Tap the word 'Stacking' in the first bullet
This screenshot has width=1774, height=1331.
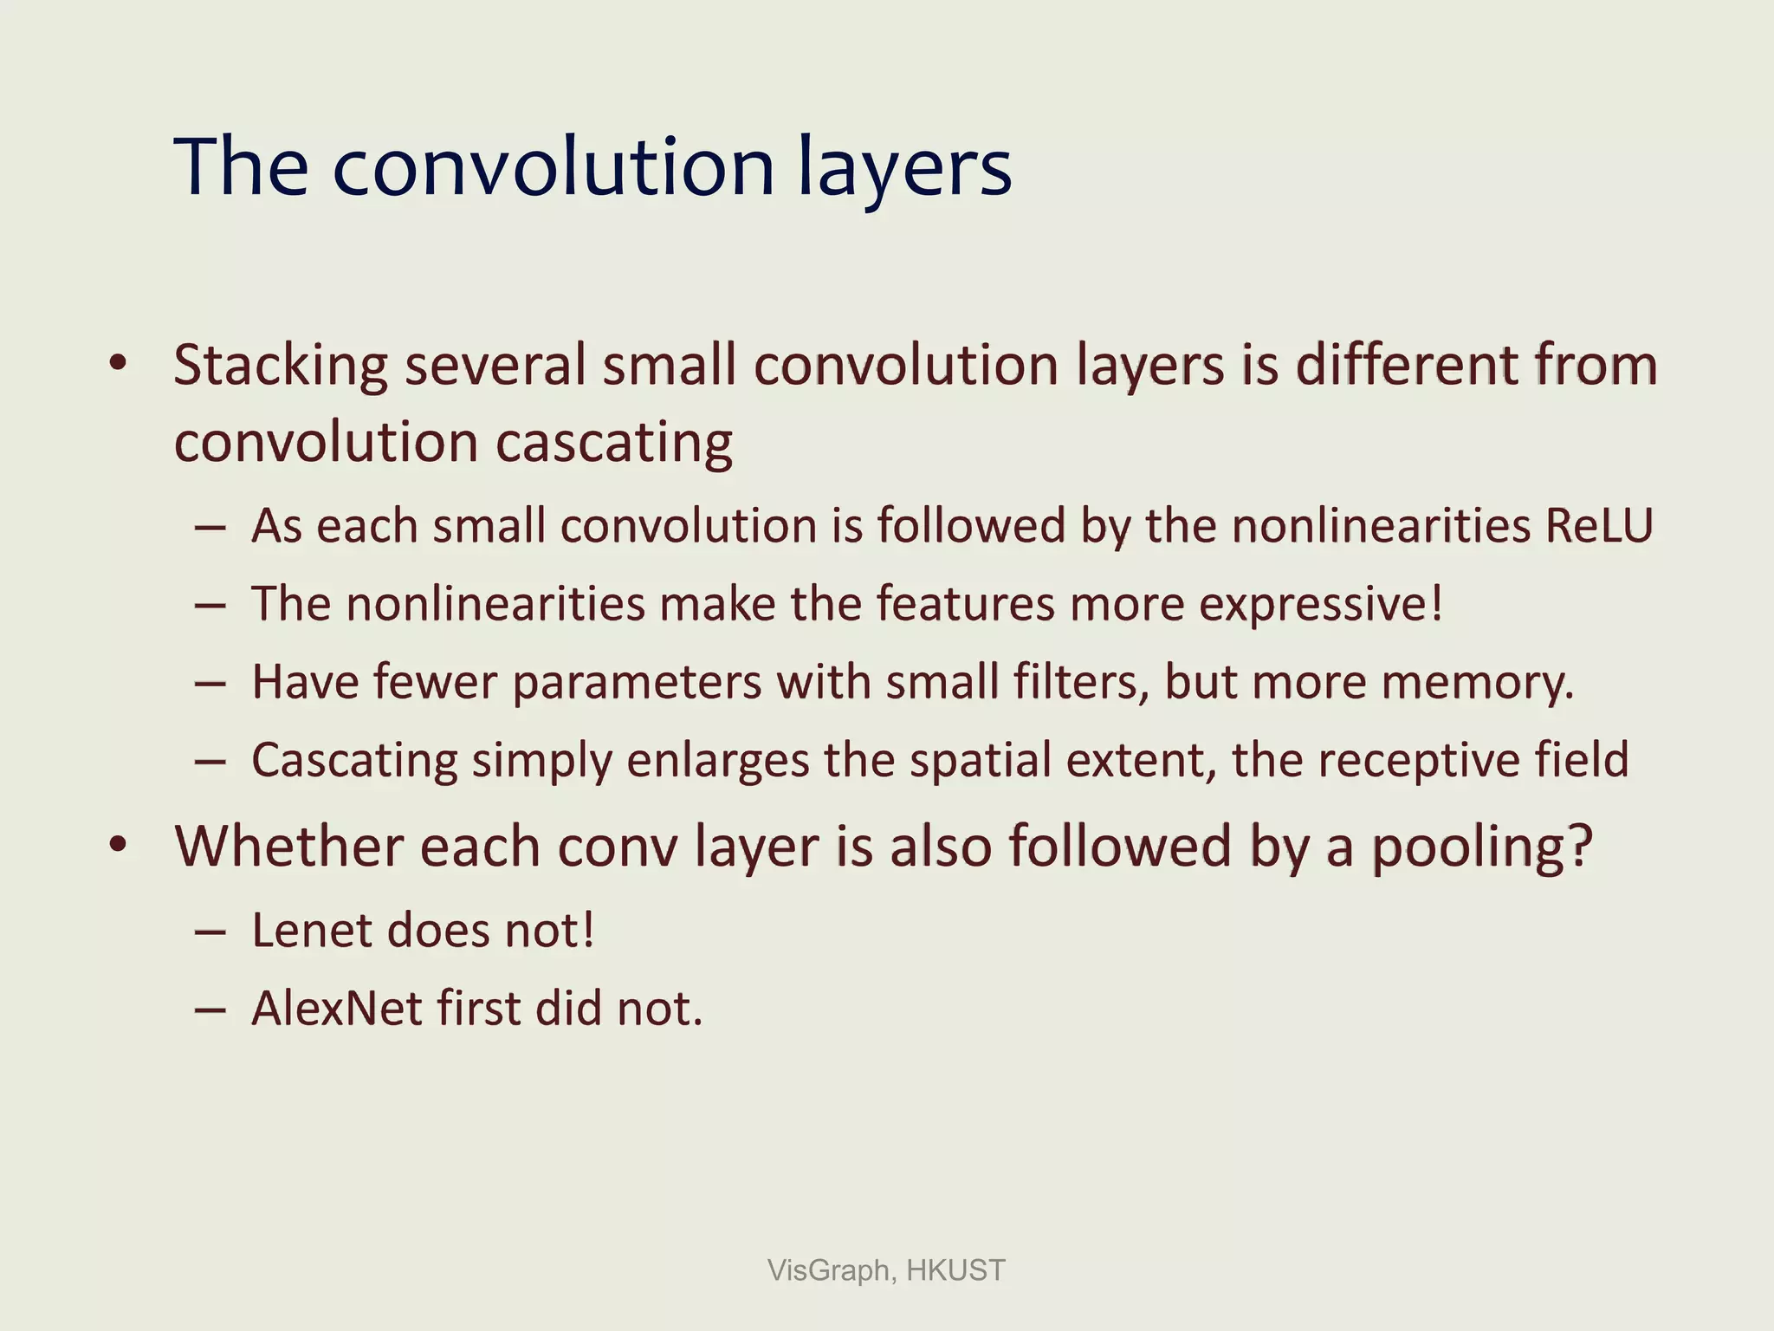click(281, 366)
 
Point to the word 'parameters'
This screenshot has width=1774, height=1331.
click(637, 683)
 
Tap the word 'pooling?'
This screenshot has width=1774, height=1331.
click(1482, 847)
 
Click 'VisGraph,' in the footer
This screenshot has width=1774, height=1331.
click(832, 1270)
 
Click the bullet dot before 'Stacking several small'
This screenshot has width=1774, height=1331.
click(119, 364)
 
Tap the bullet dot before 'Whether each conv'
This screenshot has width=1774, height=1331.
click(119, 845)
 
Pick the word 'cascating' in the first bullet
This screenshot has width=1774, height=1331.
click(614, 443)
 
